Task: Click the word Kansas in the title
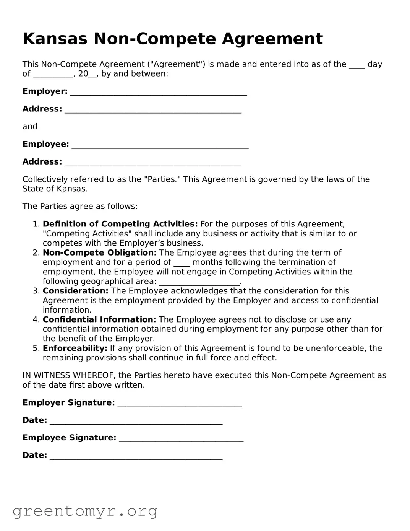tap(55, 39)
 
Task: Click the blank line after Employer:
tap(159, 92)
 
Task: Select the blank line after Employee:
tap(160, 145)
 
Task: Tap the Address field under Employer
tap(153, 110)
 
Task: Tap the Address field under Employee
tap(153, 163)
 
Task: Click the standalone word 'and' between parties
tap(30, 127)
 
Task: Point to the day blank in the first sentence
tap(357, 65)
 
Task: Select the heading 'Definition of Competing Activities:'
tap(120, 224)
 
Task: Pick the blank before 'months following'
tap(181, 263)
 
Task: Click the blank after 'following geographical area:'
tap(199, 282)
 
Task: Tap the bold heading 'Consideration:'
tap(75, 291)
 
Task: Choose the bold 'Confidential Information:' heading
tap(99, 320)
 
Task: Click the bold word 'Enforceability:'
tap(75, 349)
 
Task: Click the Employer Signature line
tap(180, 404)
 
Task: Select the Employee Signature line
tap(181, 438)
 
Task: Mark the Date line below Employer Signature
tap(136, 421)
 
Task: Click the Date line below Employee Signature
tap(136, 456)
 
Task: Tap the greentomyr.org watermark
tap(85, 511)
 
